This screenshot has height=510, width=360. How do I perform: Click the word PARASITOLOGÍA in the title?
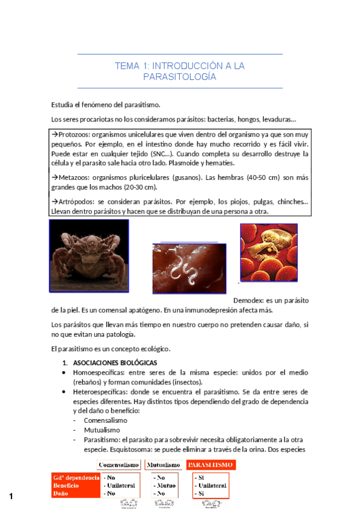click(x=180, y=77)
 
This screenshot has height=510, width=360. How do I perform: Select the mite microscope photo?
click(x=88, y=256)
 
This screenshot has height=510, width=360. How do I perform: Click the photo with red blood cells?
click(x=268, y=252)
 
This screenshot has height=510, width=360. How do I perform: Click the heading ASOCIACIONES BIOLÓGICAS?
click(x=115, y=363)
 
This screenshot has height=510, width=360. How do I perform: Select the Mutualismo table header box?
click(x=163, y=465)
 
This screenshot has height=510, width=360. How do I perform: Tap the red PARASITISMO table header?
click(x=210, y=465)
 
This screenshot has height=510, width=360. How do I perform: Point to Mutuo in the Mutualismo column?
click(x=165, y=485)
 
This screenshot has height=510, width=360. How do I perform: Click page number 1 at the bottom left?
click(x=11, y=496)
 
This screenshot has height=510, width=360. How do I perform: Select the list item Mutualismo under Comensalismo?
click(x=102, y=430)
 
